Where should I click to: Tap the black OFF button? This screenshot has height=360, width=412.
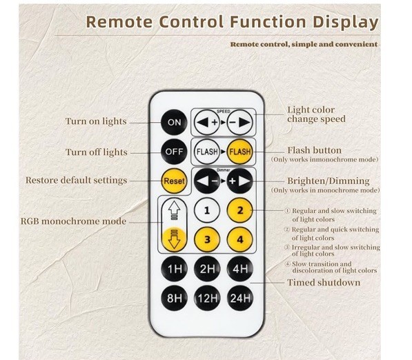point(174,152)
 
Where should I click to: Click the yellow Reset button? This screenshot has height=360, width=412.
point(174,181)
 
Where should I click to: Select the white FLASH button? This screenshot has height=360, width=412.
point(207,152)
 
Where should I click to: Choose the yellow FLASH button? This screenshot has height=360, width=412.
point(240,152)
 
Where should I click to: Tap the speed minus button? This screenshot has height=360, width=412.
point(239,122)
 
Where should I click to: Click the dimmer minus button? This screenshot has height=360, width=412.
point(207,181)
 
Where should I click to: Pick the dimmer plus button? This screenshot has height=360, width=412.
point(240,181)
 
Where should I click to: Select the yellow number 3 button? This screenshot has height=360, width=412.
point(207,239)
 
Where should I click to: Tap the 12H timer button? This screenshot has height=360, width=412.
point(207,298)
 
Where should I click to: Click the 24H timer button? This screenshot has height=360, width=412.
point(240,298)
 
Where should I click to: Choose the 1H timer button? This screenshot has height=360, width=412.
point(174,269)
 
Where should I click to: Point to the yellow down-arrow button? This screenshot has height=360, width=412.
point(174,239)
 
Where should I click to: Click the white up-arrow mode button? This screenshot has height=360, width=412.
point(174,211)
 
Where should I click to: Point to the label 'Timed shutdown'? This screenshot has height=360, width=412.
point(324,283)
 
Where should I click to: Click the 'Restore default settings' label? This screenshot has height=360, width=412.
point(76,181)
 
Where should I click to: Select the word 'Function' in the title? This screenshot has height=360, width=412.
point(268,21)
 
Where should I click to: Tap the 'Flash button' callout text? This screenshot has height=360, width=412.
point(314,150)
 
